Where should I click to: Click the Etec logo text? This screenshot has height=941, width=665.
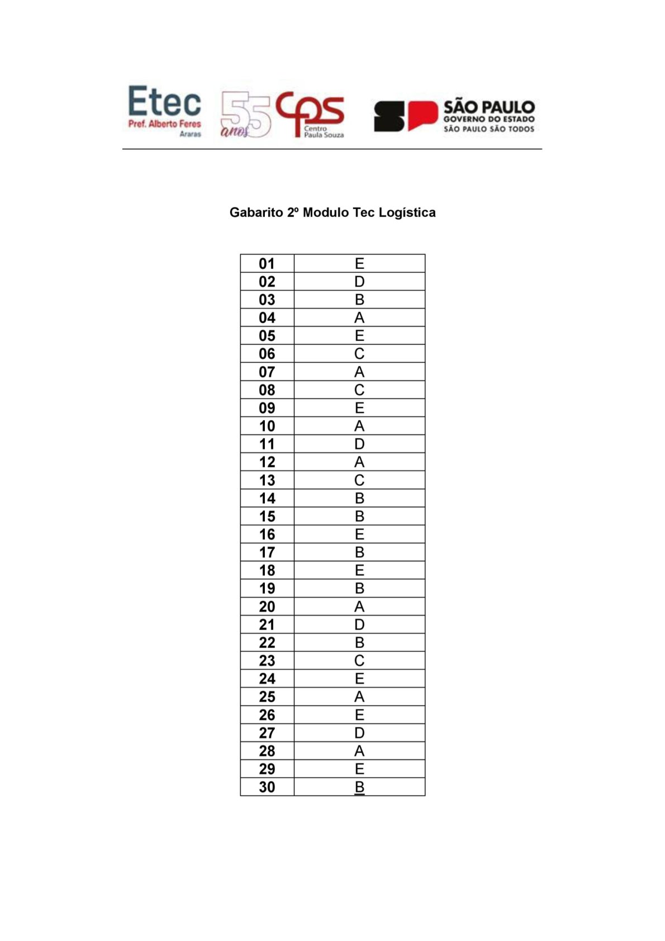coord(164,102)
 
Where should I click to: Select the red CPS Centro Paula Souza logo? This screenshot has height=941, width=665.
coord(311,114)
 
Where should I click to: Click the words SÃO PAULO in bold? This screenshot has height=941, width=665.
coord(488,107)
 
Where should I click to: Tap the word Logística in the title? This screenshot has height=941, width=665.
coord(407,212)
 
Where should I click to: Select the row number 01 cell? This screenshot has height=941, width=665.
coord(267,264)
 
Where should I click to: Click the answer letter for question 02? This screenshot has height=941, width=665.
coord(359,282)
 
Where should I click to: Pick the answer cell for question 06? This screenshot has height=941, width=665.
coord(359,354)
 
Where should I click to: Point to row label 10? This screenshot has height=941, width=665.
coord(267,426)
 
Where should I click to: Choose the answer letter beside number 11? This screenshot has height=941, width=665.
coord(359,444)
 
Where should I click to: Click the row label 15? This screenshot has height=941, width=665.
coord(267,516)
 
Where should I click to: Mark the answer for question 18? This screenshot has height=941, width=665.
coord(359,570)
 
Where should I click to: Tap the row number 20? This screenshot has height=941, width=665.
coord(267,607)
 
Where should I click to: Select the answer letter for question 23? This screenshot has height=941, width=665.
coord(359,661)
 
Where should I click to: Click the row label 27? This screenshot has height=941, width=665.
coord(267,733)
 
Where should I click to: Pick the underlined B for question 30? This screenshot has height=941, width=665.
coord(359,787)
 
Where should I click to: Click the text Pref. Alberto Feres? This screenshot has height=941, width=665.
coord(164,124)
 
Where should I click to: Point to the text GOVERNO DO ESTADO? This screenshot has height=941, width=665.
coord(488,119)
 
